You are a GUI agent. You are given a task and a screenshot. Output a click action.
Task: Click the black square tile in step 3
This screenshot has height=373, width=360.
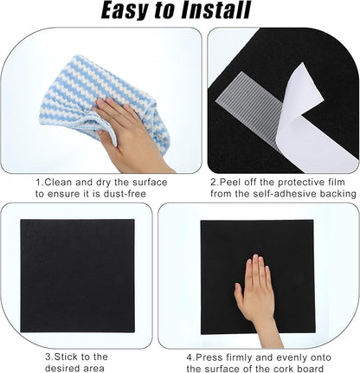(77, 274)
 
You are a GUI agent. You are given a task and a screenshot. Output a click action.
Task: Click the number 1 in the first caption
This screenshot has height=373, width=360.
(37, 183)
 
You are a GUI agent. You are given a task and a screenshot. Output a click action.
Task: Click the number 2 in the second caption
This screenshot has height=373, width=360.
(213, 183)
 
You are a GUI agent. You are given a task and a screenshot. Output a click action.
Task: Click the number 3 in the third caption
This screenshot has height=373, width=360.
(48, 356)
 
